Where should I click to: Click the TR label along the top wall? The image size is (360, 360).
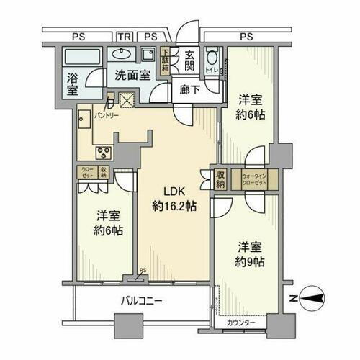[x=125, y=35]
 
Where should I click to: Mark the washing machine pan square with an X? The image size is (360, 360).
[x=127, y=101]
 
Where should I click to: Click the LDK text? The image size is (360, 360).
[x=174, y=192]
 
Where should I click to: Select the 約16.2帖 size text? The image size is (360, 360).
[x=174, y=207]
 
